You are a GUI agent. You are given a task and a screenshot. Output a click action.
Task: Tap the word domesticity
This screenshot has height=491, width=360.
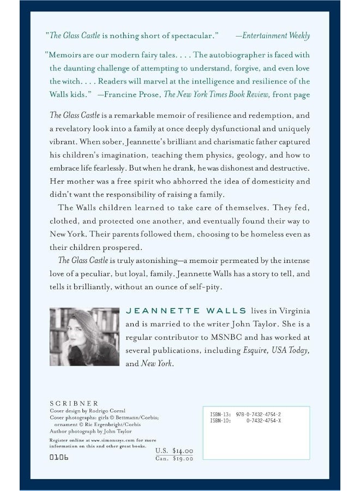coord(267,182)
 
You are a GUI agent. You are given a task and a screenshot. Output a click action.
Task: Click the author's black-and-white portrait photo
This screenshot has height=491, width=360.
coord(84,336)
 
